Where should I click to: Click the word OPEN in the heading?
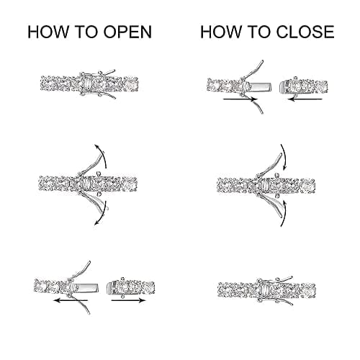click(127, 32)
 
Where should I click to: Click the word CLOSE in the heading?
click(305, 32)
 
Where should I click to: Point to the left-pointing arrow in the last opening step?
click(71, 300)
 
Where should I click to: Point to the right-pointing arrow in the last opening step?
click(128, 300)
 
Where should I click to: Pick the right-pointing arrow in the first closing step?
click(240, 99)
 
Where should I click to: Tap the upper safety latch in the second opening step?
click(90, 163)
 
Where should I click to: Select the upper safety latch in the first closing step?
click(253, 70)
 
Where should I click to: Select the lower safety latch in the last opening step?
click(80, 305)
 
